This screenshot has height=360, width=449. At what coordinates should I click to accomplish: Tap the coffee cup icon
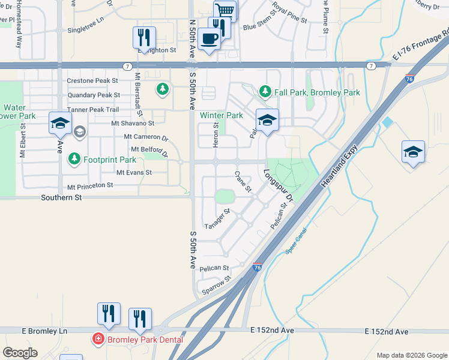(208, 39)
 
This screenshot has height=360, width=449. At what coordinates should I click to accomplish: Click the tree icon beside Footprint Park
(74, 160)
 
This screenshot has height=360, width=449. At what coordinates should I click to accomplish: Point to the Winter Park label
(221, 115)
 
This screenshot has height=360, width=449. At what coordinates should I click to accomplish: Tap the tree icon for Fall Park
(265, 92)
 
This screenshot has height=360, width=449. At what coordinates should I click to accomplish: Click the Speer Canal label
(296, 240)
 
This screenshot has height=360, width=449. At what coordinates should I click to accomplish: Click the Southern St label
(61, 197)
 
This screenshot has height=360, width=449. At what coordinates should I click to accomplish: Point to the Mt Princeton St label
(90, 187)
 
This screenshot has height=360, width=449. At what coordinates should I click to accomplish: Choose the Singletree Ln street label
(86, 29)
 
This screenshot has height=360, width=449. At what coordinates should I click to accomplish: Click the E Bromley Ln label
(44, 331)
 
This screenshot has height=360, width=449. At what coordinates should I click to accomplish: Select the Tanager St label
(217, 219)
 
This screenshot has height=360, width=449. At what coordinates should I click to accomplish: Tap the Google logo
(20, 353)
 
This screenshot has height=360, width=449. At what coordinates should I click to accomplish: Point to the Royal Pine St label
(289, 12)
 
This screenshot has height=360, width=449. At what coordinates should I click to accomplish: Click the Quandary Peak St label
(94, 95)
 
